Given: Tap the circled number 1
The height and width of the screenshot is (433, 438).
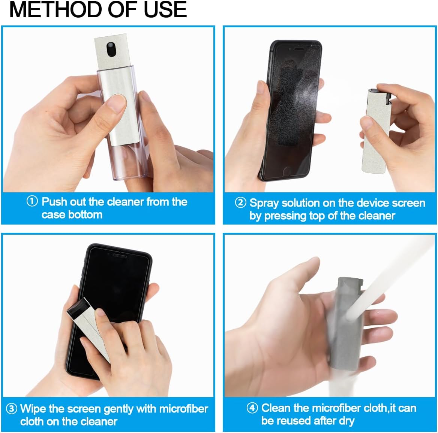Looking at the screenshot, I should coord(32,201).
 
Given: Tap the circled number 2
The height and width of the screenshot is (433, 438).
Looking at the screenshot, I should coord(240,202).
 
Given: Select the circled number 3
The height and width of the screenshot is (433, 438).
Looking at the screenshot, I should coord(12,408).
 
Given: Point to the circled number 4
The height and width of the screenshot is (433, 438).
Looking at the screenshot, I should coord(252,408).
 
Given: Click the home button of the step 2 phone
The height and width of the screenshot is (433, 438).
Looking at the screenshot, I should coord(287,170).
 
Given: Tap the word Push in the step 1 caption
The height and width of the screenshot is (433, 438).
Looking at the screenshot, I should coord(54,202).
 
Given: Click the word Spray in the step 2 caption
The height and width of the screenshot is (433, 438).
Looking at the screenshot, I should coord(264,203).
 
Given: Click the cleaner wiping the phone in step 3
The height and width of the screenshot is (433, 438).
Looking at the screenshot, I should coord(88,326).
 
